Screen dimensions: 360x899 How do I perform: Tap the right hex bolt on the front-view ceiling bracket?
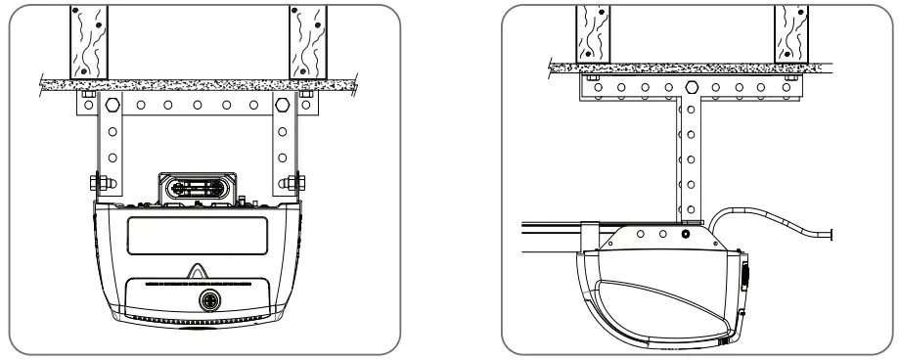coord(283,104)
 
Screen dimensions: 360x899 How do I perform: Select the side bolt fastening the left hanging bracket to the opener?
coord(98,181)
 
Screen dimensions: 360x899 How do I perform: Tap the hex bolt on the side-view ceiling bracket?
coord(690,88)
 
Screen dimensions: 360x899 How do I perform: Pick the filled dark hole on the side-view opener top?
coord(685,235)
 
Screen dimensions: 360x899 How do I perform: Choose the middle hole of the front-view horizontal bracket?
coord(196,104)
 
